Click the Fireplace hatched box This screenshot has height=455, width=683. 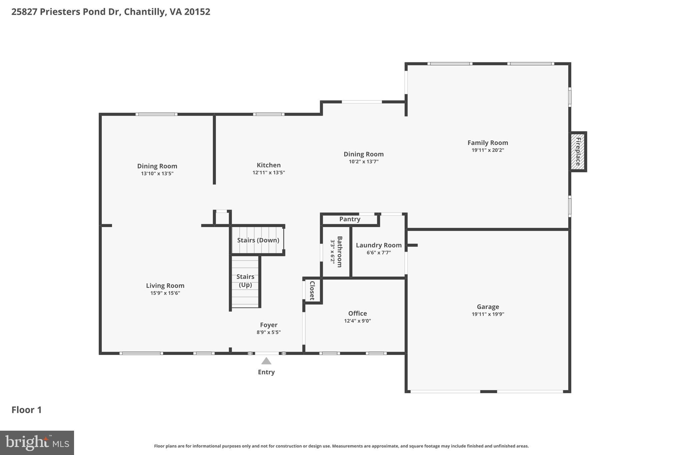click(578, 152)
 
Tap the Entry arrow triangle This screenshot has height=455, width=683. click(266, 361)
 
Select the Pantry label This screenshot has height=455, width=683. click(350, 219)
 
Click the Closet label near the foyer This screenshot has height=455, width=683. click(312, 291)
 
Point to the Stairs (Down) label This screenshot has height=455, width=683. click(258, 240)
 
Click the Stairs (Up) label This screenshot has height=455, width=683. click(245, 281)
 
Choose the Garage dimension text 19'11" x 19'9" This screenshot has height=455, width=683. click(488, 314)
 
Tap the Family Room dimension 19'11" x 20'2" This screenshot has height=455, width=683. click(488, 150)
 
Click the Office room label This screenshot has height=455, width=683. click(358, 313)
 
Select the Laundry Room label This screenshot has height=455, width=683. click(379, 245)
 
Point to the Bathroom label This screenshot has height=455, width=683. click(339, 252)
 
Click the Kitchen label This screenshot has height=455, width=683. click(268, 165)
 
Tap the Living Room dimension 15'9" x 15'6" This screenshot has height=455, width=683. click(165, 293)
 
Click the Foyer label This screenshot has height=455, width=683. click(268, 325)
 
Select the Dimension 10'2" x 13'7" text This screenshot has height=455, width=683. click(364, 162)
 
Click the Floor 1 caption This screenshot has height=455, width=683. click(27, 410)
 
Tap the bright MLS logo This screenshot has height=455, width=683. click(37, 443)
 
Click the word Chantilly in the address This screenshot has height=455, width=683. click(145, 12)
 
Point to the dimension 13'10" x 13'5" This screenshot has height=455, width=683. click(157, 174)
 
